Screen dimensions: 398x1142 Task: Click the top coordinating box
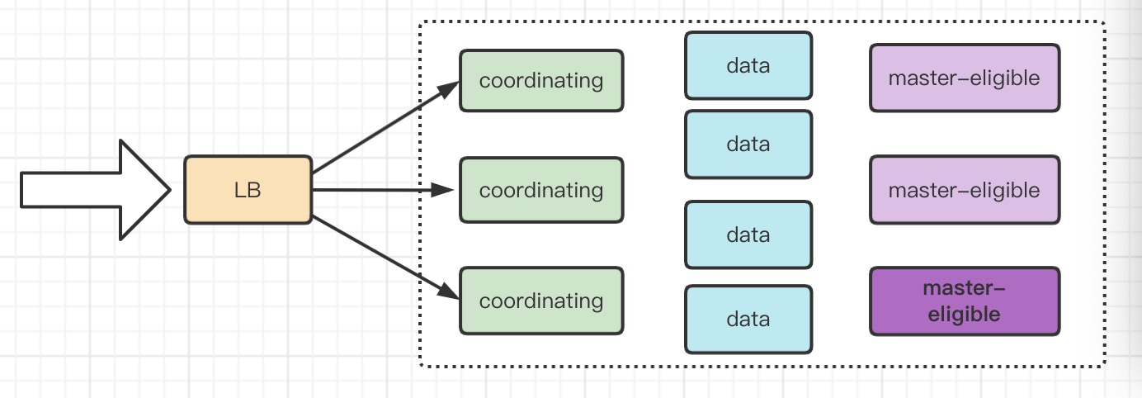click(541, 81)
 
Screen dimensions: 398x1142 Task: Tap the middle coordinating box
click(541, 190)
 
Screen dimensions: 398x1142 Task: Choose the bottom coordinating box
click(541, 301)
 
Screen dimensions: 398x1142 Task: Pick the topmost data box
click(748, 65)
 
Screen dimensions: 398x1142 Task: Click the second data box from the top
click(748, 145)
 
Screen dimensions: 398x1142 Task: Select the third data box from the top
click(748, 235)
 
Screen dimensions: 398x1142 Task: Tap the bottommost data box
click(748, 320)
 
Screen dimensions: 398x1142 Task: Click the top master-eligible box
click(964, 78)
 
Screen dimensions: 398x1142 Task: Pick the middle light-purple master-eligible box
click(964, 190)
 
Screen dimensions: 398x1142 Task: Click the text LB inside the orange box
click(248, 190)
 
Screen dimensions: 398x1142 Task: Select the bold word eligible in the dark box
click(964, 314)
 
